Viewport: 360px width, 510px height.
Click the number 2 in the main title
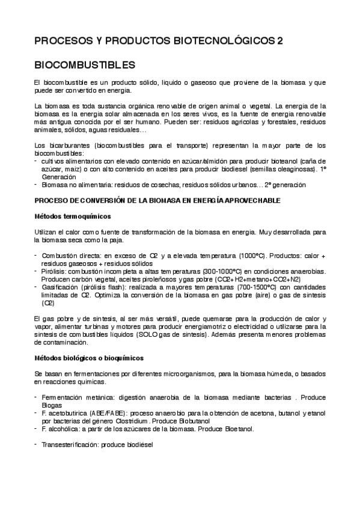pos(279,41)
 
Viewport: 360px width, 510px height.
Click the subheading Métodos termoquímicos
pos(72,215)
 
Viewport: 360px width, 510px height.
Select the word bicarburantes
pos(66,145)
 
